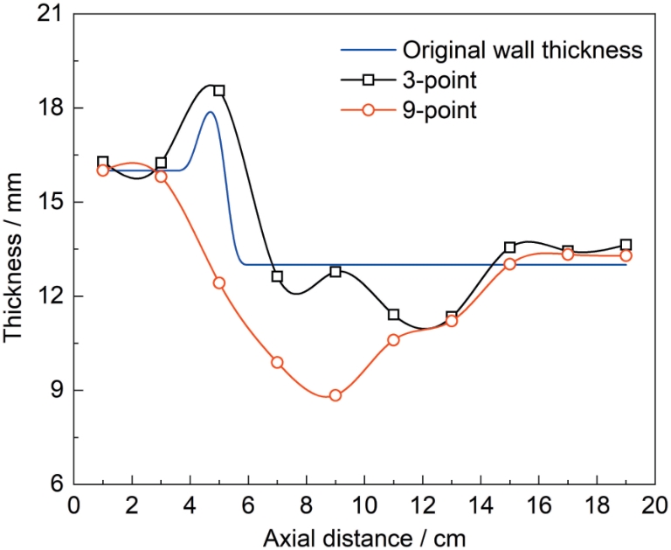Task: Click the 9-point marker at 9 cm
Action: pos(335,395)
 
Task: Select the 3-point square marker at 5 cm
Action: pos(218,91)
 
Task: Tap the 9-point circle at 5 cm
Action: pos(218,282)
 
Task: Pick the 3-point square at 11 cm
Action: pos(393,315)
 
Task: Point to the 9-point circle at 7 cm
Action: pos(277,362)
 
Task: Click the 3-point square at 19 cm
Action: pos(626,245)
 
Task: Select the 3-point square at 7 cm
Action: pos(277,276)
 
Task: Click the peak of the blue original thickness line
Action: pos(211,112)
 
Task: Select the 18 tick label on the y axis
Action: pos(53,108)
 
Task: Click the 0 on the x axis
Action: pos(75,506)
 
